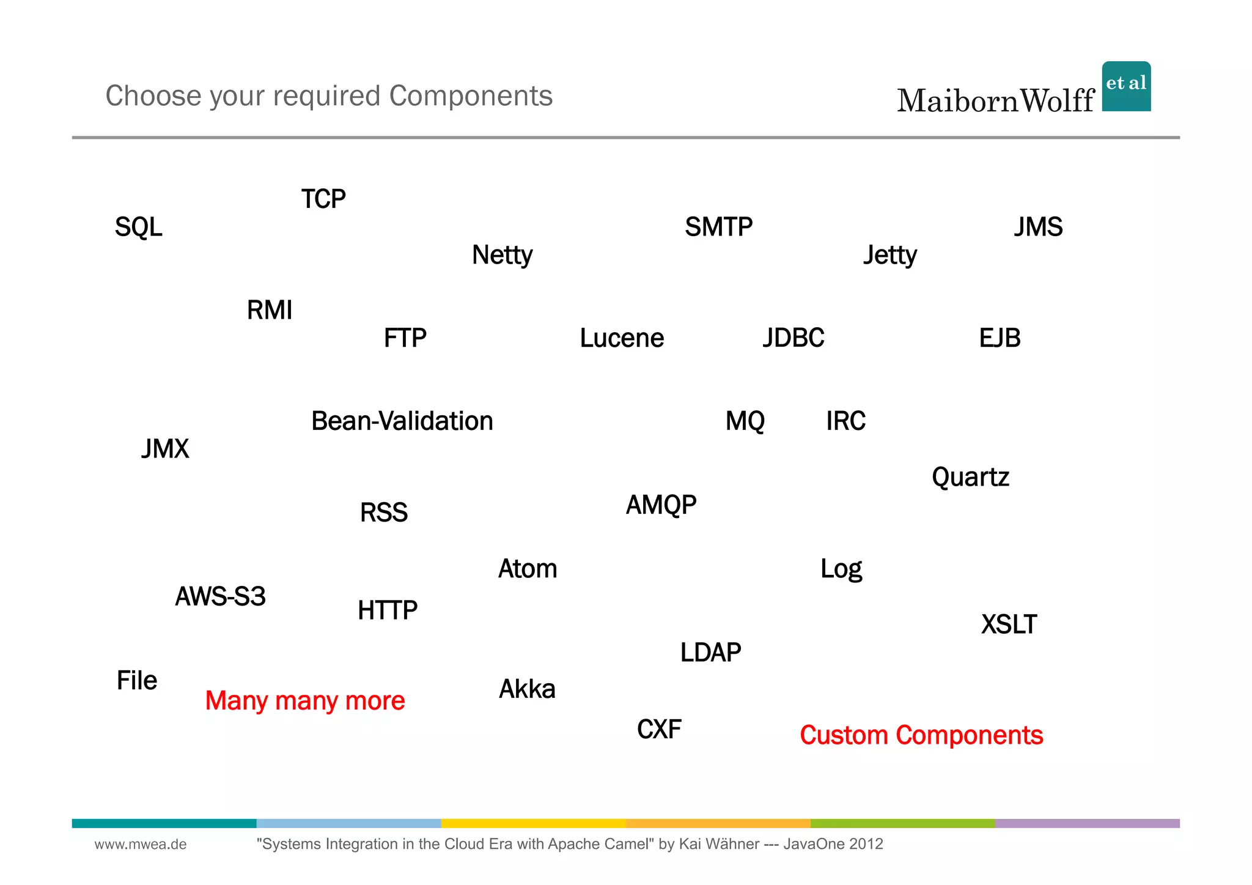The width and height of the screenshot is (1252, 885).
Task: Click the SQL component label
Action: [139, 227]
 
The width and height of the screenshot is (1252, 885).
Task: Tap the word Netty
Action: [502, 255]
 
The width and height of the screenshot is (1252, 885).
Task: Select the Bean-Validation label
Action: [402, 421]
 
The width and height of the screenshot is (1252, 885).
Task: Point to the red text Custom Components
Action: [921, 735]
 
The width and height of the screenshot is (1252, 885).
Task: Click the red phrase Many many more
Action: [305, 700]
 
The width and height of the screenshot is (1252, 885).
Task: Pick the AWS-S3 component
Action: [220, 596]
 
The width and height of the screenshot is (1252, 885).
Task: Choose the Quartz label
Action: [970, 477]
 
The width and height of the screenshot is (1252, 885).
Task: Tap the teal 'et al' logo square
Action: [1126, 86]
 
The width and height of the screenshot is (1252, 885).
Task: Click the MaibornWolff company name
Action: [995, 100]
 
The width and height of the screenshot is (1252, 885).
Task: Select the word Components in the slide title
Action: [471, 96]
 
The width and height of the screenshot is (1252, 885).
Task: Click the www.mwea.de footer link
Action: [141, 844]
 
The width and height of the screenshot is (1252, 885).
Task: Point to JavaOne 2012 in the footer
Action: [833, 844]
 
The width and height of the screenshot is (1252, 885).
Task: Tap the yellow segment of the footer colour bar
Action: [533, 823]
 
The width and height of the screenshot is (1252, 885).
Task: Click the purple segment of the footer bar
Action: [1087, 823]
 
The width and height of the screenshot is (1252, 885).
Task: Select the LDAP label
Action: [710, 653]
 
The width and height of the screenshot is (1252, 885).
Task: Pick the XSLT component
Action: [1009, 624]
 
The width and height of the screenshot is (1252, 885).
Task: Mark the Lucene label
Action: [622, 338]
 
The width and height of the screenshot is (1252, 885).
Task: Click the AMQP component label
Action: [661, 505]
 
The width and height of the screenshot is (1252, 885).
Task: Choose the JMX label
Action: [165, 449]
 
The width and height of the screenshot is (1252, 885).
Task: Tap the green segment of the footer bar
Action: [902, 823]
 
